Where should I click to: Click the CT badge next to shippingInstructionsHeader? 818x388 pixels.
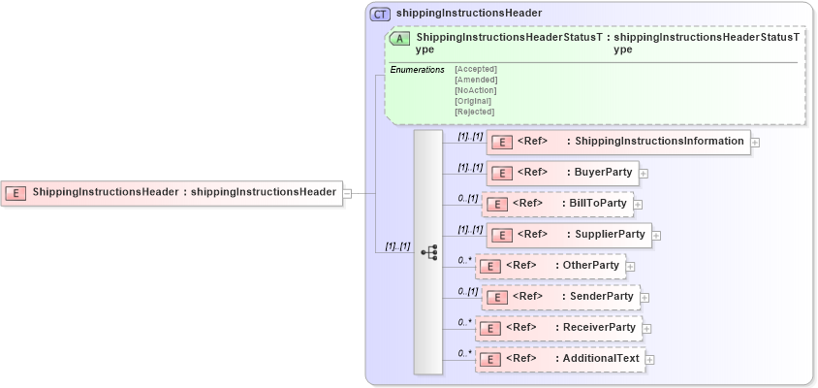click(381, 14)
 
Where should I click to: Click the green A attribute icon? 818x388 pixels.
click(398, 39)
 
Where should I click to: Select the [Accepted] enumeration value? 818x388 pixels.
click(475, 69)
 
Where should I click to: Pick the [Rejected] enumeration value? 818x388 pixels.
click(474, 112)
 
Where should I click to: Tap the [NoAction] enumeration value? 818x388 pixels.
click(475, 90)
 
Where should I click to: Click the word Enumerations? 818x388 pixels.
click(417, 70)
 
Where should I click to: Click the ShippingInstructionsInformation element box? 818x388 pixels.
click(617, 142)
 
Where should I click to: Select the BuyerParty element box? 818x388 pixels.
click(561, 173)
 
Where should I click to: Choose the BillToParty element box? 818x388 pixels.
click(557, 204)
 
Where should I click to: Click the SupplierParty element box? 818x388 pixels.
click(568, 235)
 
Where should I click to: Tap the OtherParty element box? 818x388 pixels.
click(550, 266)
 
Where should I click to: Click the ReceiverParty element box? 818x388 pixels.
click(558, 328)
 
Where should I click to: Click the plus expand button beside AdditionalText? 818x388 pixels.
click(650, 360)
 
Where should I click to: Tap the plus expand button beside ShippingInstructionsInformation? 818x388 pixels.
click(755, 143)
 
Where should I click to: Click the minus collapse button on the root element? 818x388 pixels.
click(347, 192)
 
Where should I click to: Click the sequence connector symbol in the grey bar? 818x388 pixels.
click(428, 252)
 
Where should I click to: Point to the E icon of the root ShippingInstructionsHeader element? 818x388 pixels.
click(16, 192)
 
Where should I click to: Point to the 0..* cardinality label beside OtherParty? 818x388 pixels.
click(464, 260)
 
